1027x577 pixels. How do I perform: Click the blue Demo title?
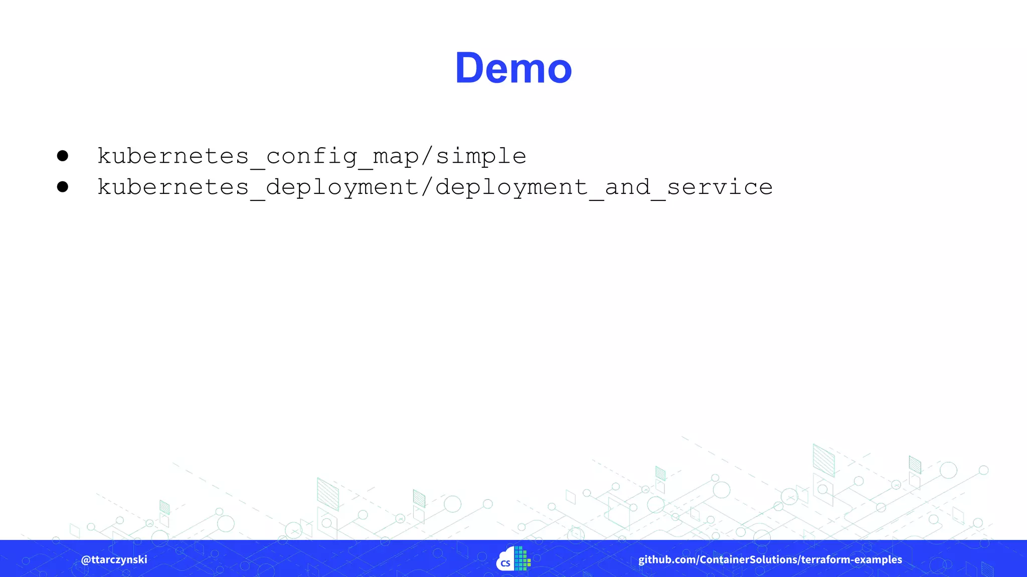(x=513, y=68)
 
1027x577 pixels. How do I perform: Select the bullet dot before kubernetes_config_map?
(x=63, y=156)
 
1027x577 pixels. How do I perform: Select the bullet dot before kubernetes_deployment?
(x=63, y=187)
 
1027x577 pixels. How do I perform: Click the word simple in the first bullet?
(x=481, y=156)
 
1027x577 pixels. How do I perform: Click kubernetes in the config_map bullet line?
(x=173, y=156)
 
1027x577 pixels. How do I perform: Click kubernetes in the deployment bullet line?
(x=173, y=187)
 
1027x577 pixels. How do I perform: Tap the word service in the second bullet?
(x=720, y=187)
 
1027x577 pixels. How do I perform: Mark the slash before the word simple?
(x=427, y=156)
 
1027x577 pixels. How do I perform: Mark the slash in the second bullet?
(x=427, y=187)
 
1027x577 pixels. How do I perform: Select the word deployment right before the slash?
(x=343, y=187)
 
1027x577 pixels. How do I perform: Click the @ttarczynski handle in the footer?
(x=114, y=559)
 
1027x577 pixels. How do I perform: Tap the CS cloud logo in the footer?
(x=513, y=559)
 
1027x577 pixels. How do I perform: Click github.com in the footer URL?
(x=666, y=559)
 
